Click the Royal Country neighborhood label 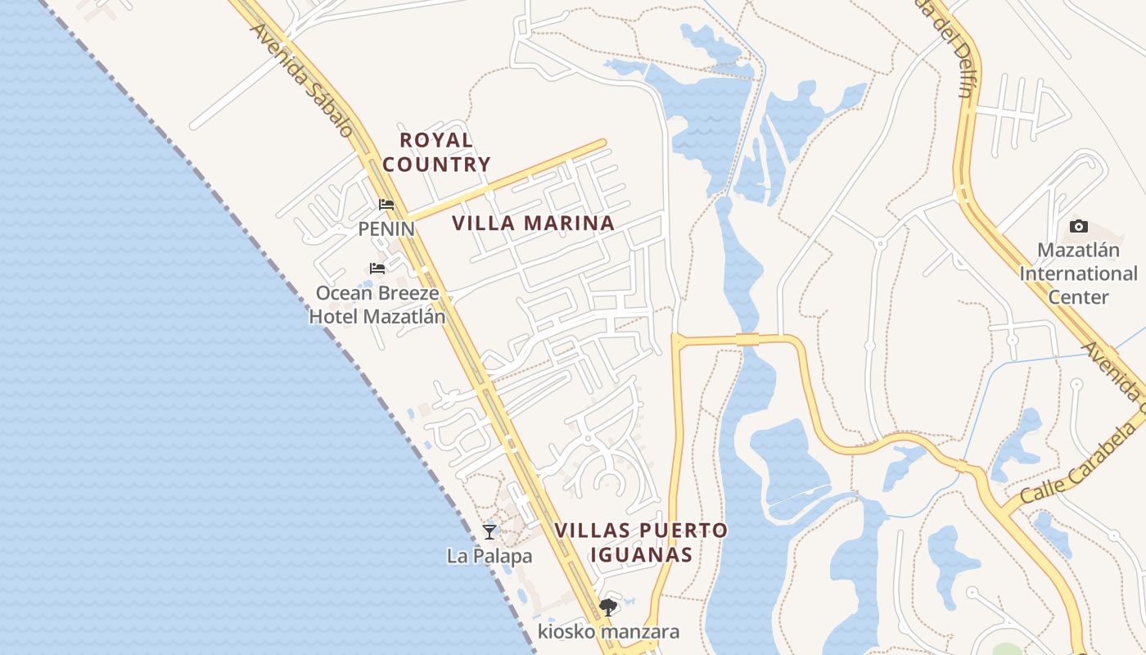pyautogui.click(x=436, y=152)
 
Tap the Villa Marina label pyautogui.click(x=533, y=223)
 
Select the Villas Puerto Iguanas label pyautogui.click(x=641, y=542)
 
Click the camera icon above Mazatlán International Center pyautogui.click(x=1079, y=226)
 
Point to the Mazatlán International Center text pyautogui.click(x=1078, y=273)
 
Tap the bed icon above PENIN pyautogui.click(x=386, y=205)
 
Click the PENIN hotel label pyautogui.click(x=386, y=229)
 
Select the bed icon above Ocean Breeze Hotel pyautogui.click(x=377, y=268)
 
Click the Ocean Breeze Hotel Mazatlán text pyautogui.click(x=377, y=305)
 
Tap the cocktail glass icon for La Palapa pyautogui.click(x=490, y=531)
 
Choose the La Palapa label pyautogui.click(x=490, y=557)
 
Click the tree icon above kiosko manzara pyautogui.click(x=607, y=607)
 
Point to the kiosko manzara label pyautogui.click(x=608, y=632)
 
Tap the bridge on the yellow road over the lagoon pyautogui.click(x=747, y=339)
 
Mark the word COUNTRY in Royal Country pyautogui.click(x=436, y=165)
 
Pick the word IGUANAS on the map pyautogui.click(x=641, y=554)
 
